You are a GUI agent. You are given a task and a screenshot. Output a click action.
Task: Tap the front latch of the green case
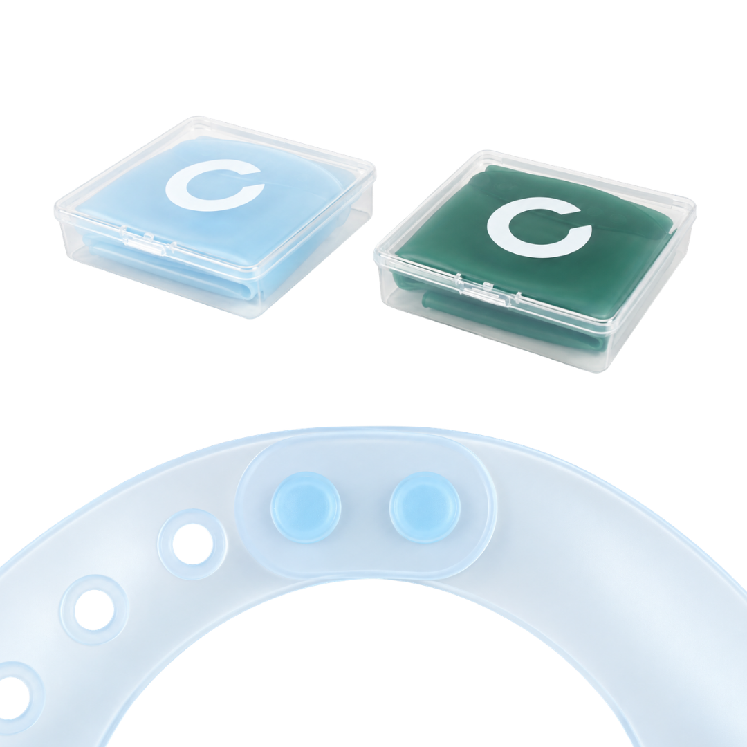pos(484,291)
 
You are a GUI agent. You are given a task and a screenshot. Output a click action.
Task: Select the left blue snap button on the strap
pos(306,508)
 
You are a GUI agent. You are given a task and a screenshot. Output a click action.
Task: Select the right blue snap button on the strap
pos(425,508)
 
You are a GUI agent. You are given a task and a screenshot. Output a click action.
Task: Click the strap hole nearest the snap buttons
pos(192,544)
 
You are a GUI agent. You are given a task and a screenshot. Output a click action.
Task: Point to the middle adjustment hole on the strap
pos(94,610)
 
